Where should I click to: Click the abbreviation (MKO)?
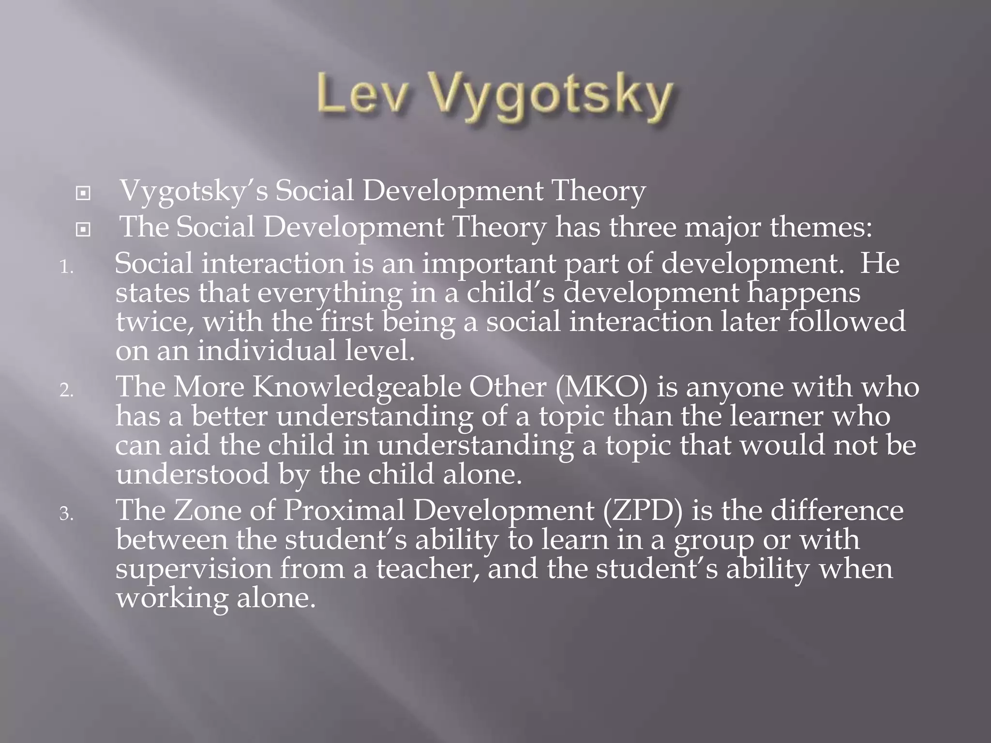click(x=601, y=387)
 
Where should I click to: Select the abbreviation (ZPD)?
click(x=643, y=510)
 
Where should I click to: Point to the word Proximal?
click(x=344, y=510)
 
